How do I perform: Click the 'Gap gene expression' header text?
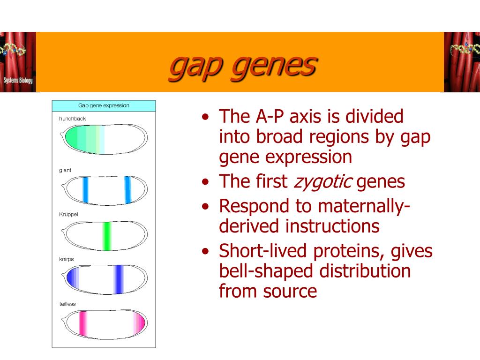(x=104, y=105)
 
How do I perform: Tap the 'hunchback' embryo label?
(x=73, y=119)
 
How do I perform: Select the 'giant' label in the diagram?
(x=65, y=170)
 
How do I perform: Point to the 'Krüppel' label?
(x=69, y=214)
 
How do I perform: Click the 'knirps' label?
(x=67, y=259)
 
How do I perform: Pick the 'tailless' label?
(x=67, y=304)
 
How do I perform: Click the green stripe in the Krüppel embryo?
(x=107, y=235)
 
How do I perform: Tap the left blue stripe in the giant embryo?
(x=85, y=189)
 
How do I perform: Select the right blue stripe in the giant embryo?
(x=127, y=189)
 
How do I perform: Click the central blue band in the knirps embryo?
(x=119, y=280)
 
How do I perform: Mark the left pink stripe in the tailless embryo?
(x=83, y=324)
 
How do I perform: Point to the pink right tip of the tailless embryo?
(x=140, y=323)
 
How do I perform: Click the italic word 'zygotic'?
(x=322, y=181)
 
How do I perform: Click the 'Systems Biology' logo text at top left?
(x=18, y=80)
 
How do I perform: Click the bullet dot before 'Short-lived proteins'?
(x=205, y=252)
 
